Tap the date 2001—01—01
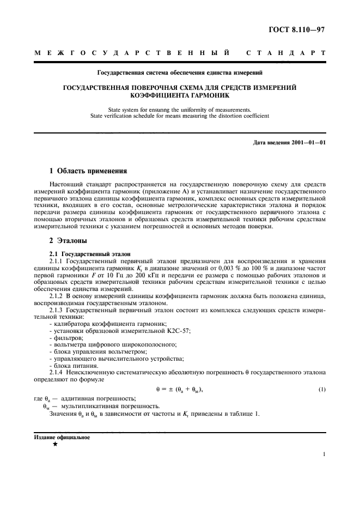tap(308, 143)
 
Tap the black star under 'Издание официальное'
tap(55, 444)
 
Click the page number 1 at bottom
tap(324, 454)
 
